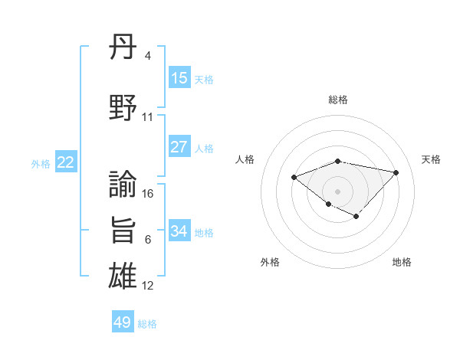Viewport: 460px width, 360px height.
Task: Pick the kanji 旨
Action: click(123, 230)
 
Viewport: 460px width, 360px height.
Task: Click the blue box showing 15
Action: click(179, 78)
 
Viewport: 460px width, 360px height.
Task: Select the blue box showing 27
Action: click(179, 147)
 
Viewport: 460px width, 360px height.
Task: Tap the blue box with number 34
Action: click(179, 231)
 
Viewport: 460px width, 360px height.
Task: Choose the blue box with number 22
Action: click(65, 162)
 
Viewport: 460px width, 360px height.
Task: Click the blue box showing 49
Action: click(123, 322)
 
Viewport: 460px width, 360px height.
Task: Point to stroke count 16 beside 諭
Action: click(148, 194)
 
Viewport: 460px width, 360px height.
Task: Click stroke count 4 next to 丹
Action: click(147, 56)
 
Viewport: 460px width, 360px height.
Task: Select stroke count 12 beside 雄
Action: click(148, 286)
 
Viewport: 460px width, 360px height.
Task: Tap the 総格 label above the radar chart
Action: click(337, 100)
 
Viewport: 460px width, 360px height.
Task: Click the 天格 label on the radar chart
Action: click(431, 159)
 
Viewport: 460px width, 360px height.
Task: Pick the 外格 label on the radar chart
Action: click(270, 262)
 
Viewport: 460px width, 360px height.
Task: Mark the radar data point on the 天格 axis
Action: click(396, 172)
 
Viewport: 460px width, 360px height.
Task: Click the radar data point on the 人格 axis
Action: click(294, 177)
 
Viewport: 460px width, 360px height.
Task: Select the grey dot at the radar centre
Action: click(337, 191)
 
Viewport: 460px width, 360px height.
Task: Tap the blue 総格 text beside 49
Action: click(147, 324)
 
